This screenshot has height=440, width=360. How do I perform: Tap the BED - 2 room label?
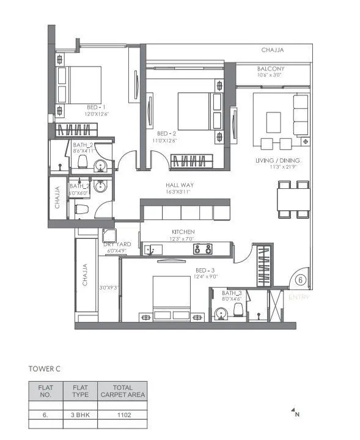[x=167, y=133]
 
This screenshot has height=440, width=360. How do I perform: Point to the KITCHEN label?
[x=183, y=232]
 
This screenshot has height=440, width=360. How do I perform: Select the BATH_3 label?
[x=232, y=294]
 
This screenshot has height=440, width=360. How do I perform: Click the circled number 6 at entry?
[x=300, y=280]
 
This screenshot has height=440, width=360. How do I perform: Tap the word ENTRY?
[x=299, y=298]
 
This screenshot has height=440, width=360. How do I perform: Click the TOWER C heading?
[x=46, y=369]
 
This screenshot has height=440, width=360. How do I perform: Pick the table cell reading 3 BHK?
[x=81, y=415]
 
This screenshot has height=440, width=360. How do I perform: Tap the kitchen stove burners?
[x=203, y=248]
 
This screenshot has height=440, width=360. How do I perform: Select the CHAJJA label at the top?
[x=273, y=50]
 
